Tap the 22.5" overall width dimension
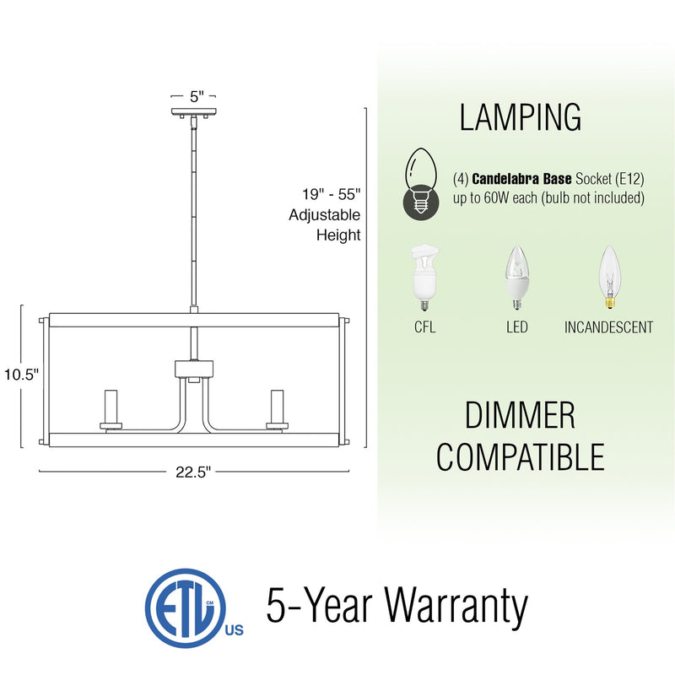(193, 472)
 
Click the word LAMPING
(520, 117)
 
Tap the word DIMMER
(520, 416)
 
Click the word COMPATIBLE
(520, 456)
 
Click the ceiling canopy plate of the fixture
(195, 113)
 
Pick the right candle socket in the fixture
(274, 409)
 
